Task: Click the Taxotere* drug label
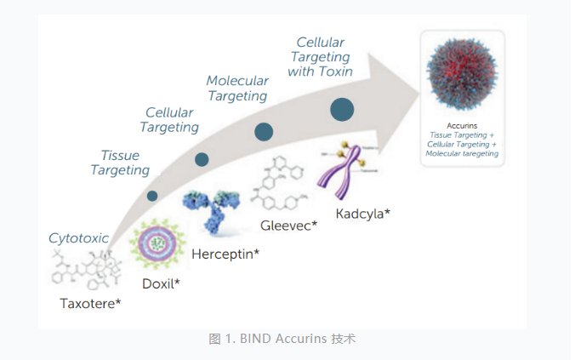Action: click(x=91, y=302)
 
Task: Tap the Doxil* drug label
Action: click(x=160, y=282)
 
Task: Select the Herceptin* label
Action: click(x=225, y=254)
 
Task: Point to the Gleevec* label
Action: click(x=288, y=226)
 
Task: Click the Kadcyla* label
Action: click(x=362, y=214)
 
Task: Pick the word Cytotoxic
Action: click(x=78, y=238)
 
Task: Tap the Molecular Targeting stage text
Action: click(x=237, y=89)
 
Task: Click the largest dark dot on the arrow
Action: click(x=342, y=109)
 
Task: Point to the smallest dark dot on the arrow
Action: click(x=152, y=196)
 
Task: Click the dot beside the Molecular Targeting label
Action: click(x=264, y=131)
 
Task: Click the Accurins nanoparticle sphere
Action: click(x=462, y=74)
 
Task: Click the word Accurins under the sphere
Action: click(x=462, y=124)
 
